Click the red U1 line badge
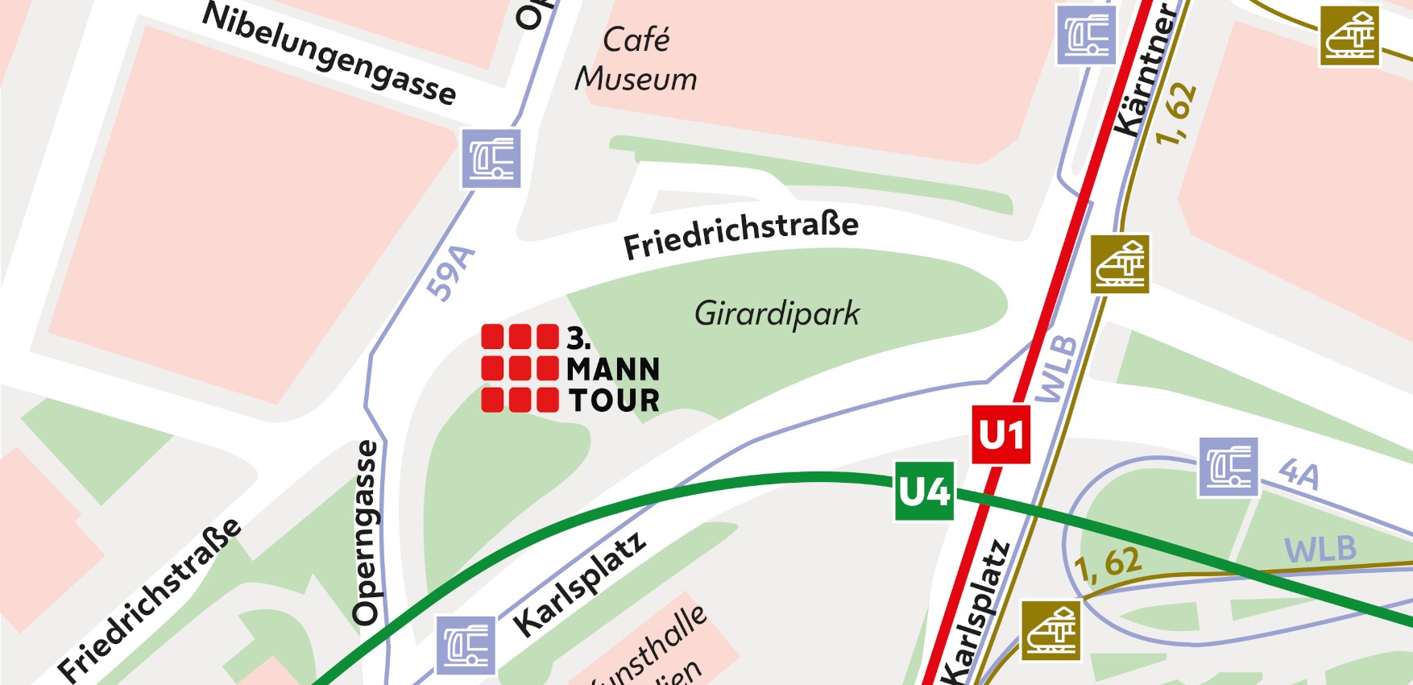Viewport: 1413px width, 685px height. click(1001, 435)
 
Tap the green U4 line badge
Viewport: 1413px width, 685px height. click(925, 491)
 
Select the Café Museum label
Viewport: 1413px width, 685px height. click(636, 60)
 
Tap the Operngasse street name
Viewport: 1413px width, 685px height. click(366, 533)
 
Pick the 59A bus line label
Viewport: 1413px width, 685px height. click(450, 272)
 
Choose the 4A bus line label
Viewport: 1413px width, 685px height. click(1299, 474)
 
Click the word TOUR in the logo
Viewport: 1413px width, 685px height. click(614, 401)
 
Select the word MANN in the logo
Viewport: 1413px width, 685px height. click(613, 370)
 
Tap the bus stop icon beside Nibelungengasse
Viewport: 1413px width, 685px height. click(491, 159)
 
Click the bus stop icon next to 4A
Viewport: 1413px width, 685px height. click(1228, 467)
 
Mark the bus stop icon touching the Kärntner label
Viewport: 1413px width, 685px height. click(1086, 35)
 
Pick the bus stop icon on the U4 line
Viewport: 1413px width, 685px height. click(466, 646)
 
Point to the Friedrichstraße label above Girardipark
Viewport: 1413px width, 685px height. click(741, 234)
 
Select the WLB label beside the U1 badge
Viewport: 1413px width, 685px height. click(1056, 368)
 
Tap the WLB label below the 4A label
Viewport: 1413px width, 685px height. click(1320, 550)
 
